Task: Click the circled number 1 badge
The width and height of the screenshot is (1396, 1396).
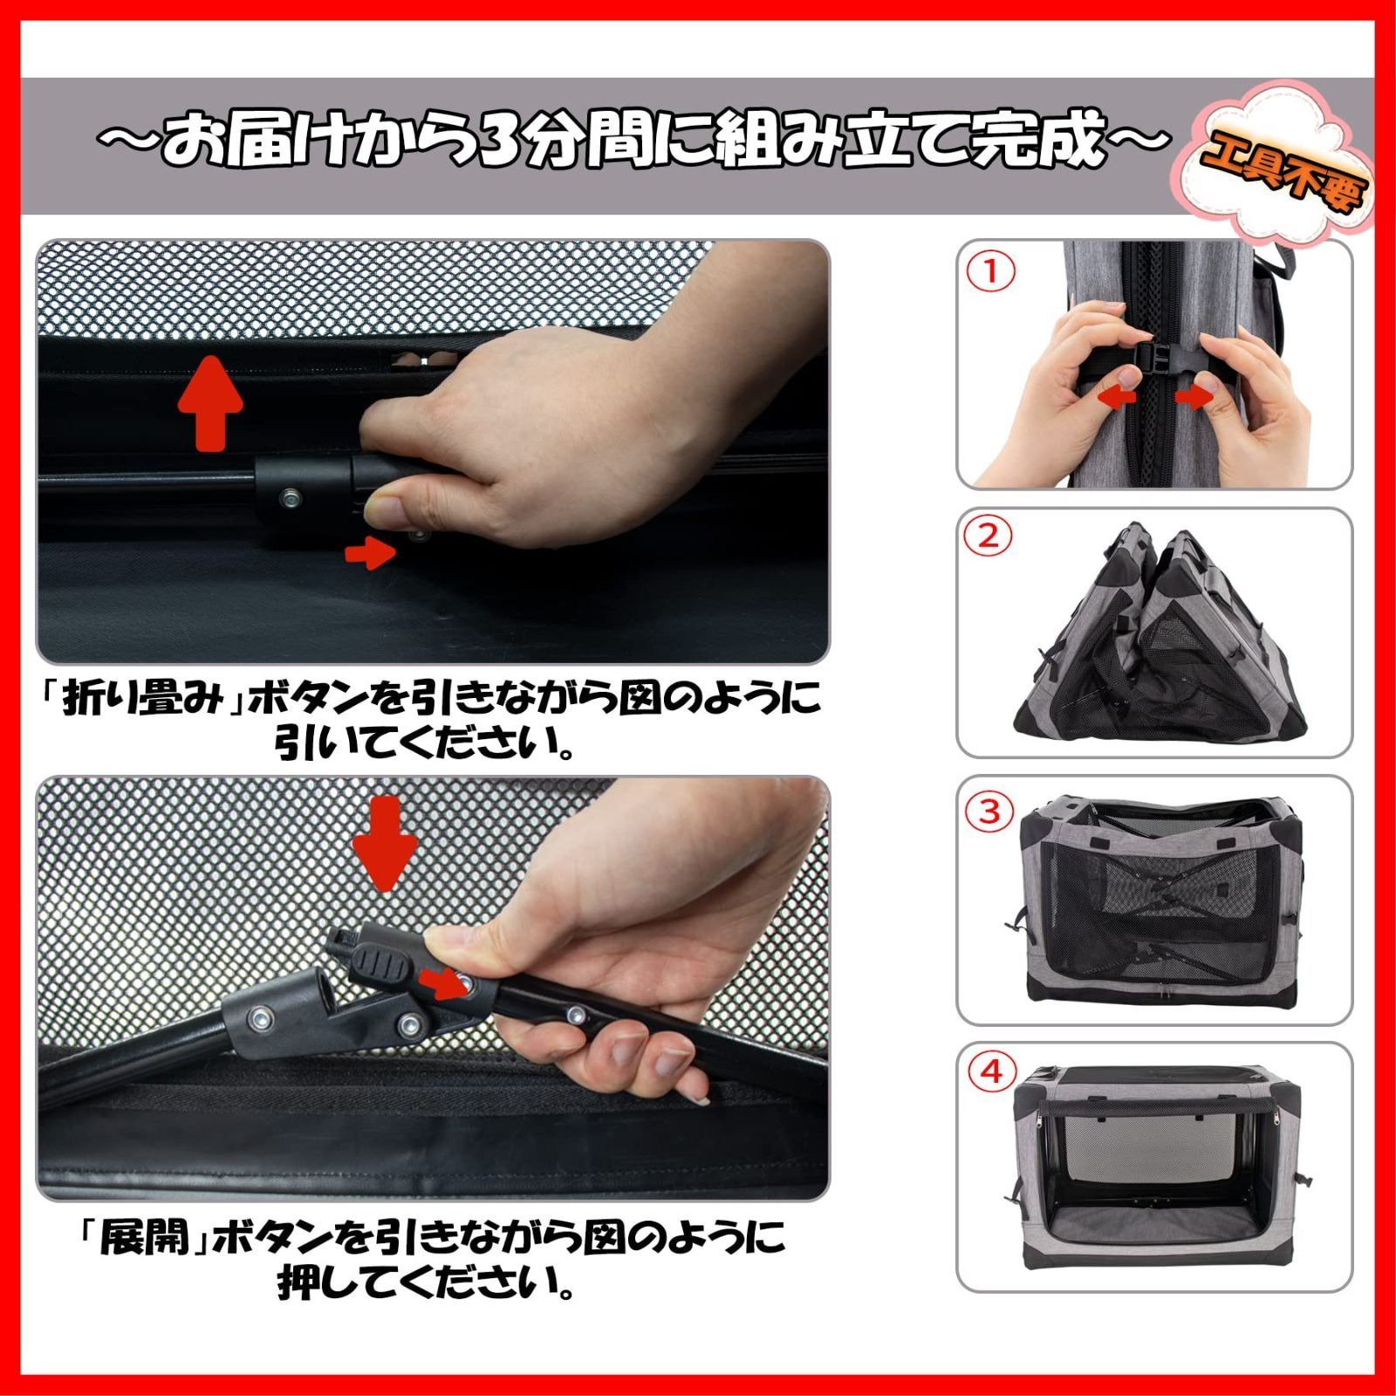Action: click(989, 272)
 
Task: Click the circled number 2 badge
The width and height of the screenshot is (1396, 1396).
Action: click(989, 536)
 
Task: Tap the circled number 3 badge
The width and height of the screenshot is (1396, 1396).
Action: click(989, 811)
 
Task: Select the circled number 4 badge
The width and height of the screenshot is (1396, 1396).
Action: click(992, 1071)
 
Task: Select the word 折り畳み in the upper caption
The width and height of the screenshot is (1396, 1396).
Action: click(145, 701)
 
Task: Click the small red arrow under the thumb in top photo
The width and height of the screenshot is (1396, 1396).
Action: click(369, 551)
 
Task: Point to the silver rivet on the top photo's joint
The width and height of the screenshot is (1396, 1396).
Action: click(291, 499)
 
